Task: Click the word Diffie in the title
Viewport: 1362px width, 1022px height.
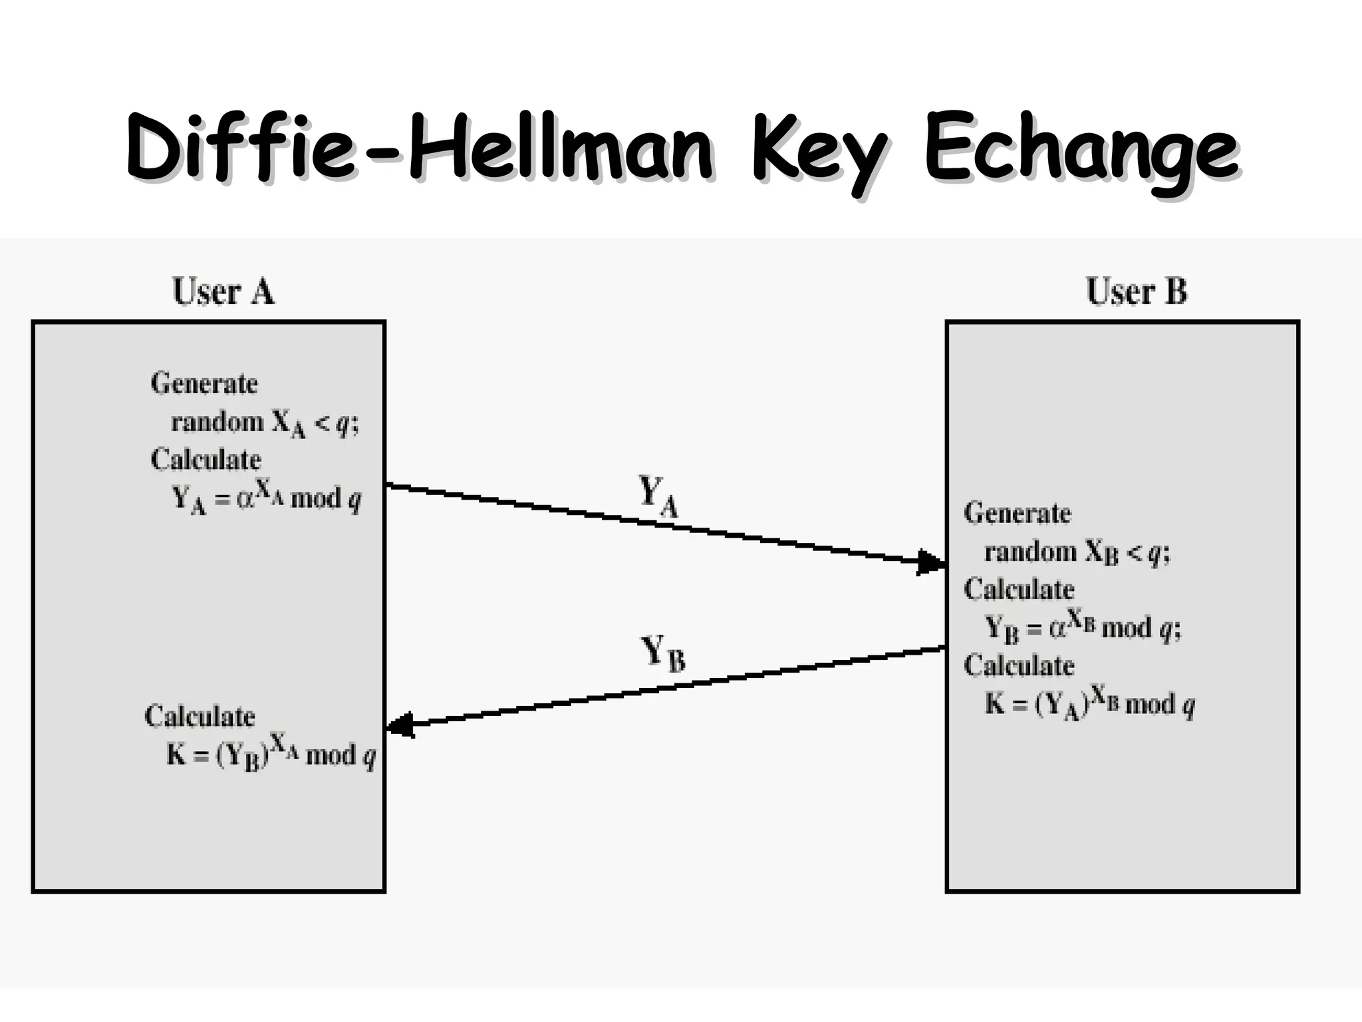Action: pos(240,148)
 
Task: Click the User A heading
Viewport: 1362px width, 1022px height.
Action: pos(223,291)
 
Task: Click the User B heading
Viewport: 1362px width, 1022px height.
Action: pos(1136,291)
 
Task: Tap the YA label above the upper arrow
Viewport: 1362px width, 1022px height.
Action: pos(658,496)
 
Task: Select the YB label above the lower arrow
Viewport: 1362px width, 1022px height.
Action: pos(662,653)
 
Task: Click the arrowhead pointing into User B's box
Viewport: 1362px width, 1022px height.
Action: pos(930,562)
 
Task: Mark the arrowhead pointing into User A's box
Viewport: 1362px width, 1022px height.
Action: pos(400,725)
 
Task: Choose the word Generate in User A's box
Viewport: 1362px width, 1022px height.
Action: pos(204,384)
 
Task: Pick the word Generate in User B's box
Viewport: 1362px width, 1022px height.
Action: pos(1018,513)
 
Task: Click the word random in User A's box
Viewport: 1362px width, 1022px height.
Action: pos(217,422)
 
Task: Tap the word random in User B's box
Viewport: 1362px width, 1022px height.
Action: pos(1030,552)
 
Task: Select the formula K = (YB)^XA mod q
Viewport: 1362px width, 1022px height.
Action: pos(271,755)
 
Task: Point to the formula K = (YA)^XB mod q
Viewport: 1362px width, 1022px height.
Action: pos(1089,704)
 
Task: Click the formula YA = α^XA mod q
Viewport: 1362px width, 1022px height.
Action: pos(267,498)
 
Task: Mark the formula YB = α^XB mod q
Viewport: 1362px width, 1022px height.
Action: pos(1082,627)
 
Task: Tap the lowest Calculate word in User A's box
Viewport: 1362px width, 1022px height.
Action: pos(200,717)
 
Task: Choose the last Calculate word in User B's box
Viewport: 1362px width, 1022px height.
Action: pos(1019,665)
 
